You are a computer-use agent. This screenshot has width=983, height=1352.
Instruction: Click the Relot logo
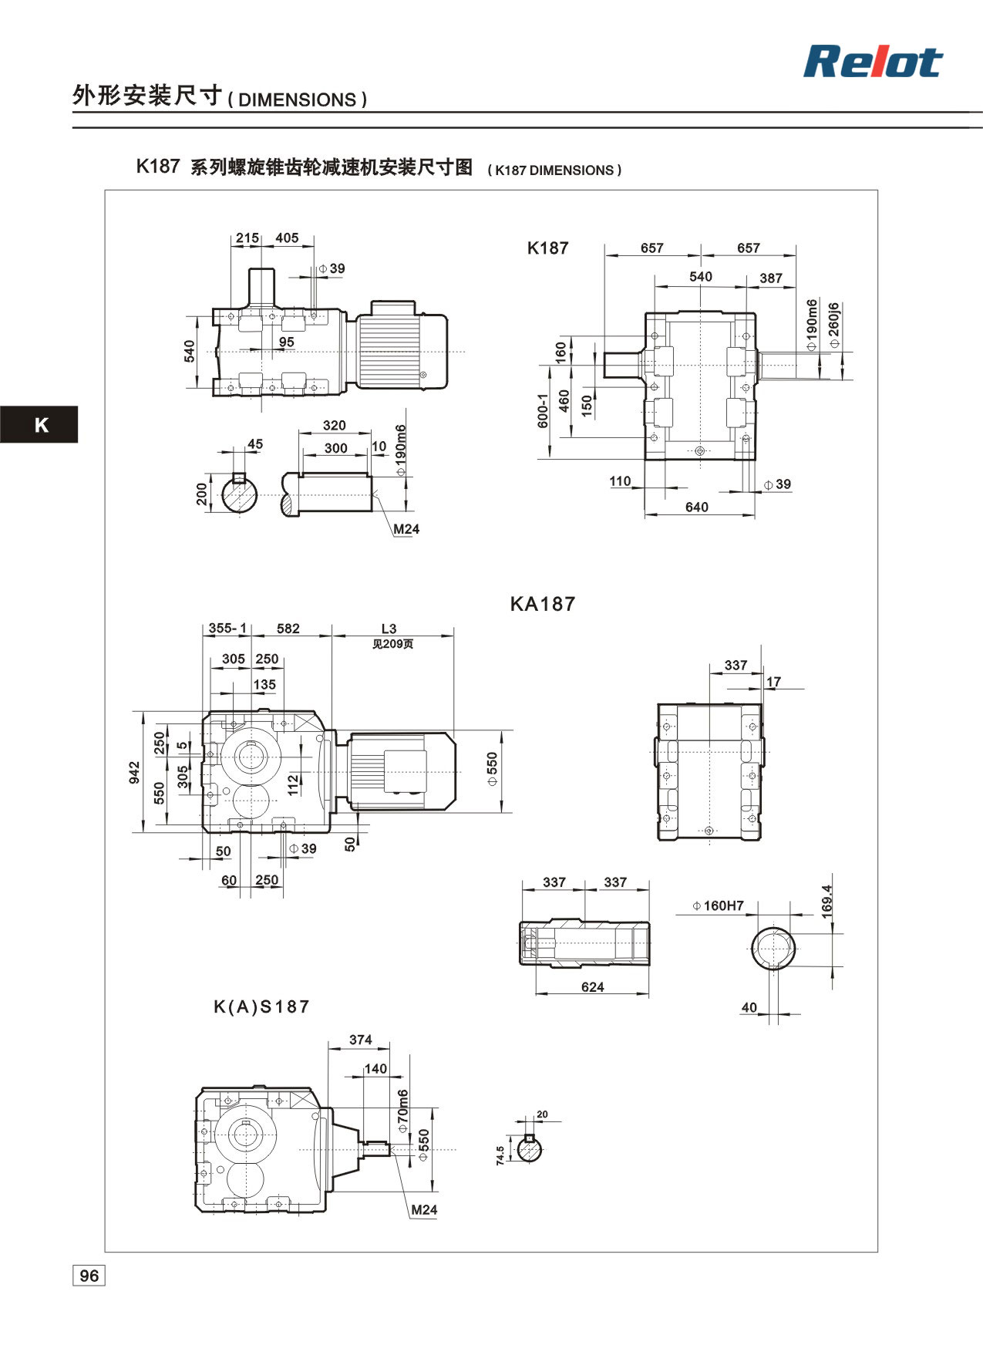873,62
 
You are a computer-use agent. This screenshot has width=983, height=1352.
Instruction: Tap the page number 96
89,1276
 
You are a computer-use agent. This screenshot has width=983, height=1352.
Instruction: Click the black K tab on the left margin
39,424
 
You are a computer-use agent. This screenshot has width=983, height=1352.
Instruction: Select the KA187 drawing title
543,604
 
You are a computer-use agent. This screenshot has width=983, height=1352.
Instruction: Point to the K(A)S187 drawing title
261,1006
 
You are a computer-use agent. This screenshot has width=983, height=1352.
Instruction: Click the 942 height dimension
135,773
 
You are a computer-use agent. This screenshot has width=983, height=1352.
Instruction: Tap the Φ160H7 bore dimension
718,905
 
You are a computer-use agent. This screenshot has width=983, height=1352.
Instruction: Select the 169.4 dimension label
827,901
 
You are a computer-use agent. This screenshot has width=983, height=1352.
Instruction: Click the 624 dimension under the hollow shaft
592,986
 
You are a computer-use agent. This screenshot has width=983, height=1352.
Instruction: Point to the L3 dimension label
389,629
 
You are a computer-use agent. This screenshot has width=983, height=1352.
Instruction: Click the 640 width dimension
696,507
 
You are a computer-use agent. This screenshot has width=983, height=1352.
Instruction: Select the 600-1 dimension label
543,410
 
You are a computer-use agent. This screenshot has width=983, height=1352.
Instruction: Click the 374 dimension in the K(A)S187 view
360,1040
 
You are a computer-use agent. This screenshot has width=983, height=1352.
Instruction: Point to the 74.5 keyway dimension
500,1155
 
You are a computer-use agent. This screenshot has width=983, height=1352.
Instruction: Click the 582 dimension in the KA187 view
288,629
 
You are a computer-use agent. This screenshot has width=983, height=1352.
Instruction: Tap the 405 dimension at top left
287,238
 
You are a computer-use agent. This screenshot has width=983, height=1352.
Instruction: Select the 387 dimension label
770,278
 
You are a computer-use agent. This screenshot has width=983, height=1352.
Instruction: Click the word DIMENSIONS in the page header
298,100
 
